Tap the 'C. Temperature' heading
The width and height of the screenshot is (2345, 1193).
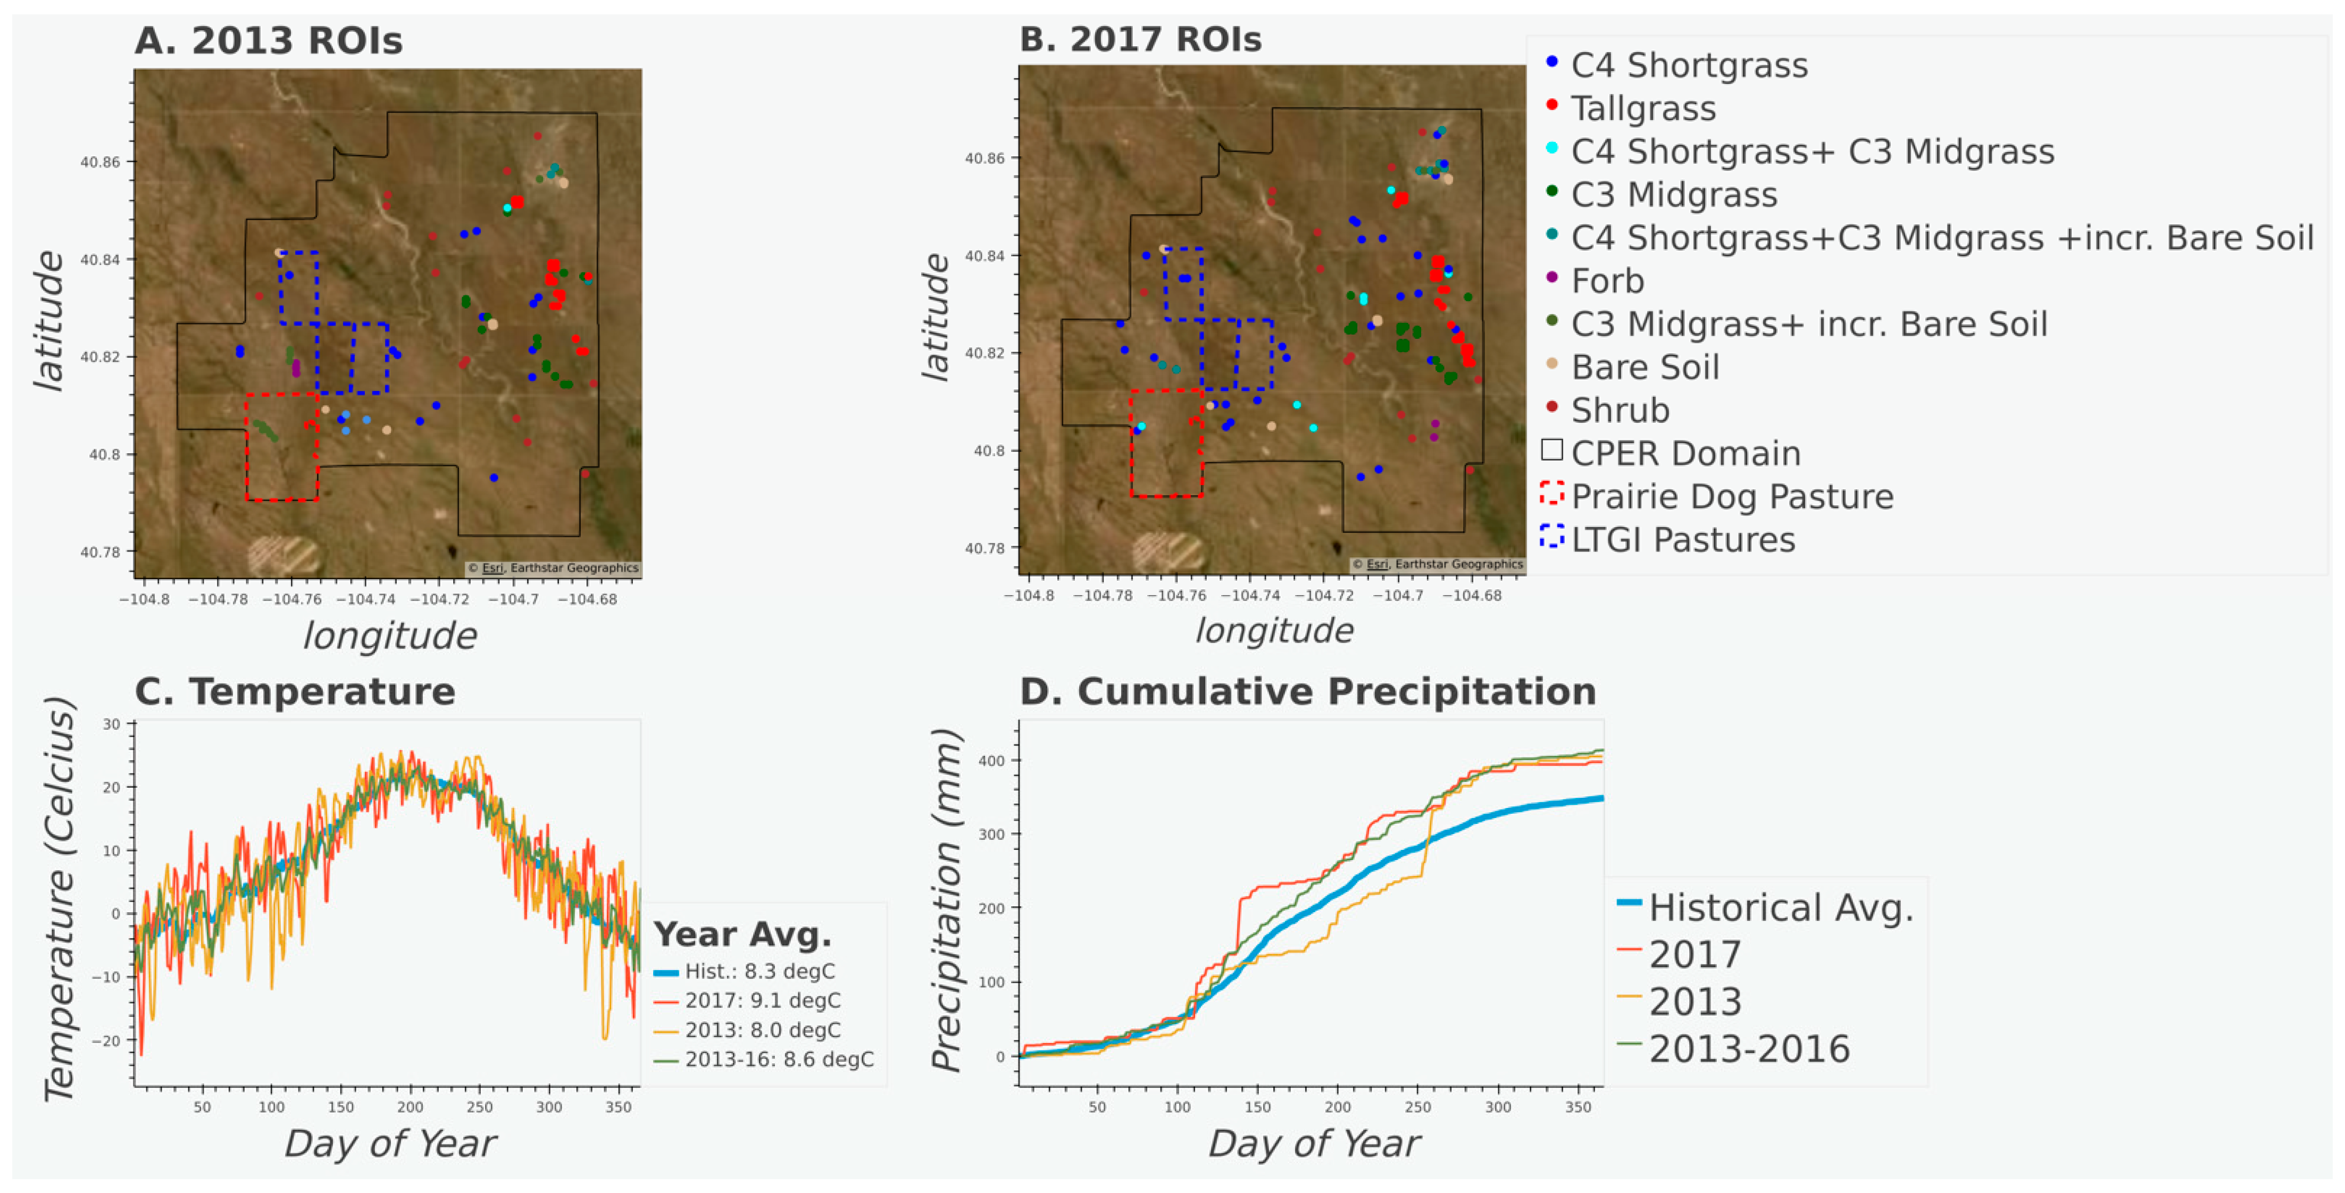tap(295, 691)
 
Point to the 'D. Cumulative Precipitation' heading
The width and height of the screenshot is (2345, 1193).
tap(1307, 691)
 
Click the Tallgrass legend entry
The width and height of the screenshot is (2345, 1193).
tap(1642, 109)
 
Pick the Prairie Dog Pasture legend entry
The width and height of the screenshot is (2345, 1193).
tap(1731, 496)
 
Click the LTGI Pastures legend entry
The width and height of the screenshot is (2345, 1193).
tap(1682, 539)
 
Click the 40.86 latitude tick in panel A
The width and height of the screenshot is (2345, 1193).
tap(99, 162)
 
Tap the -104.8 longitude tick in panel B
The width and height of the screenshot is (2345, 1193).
tap(1029, 595)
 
